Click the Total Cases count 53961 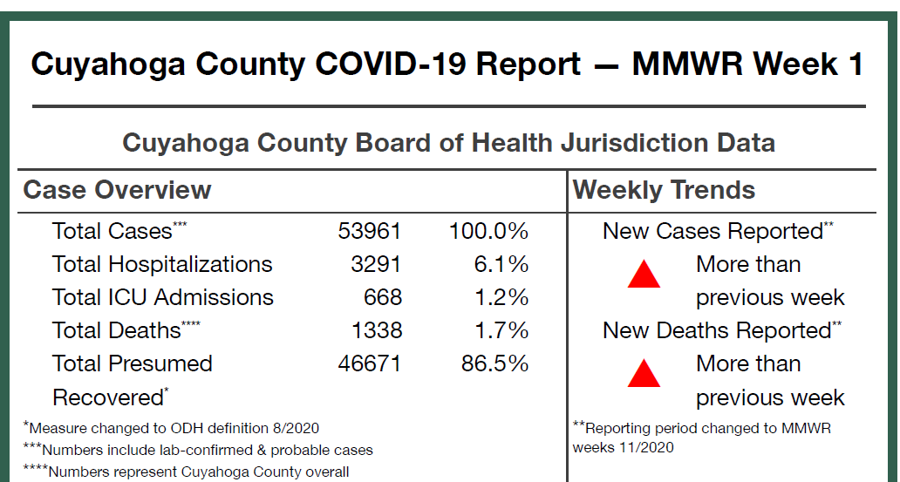pyautogui.click(x=370, y=231)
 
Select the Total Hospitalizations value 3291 pyautogui.click(x=376, y=264)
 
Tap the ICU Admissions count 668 pyautogui.click(x=383, y=297)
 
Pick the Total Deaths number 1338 pyautogui.click(x=376, y=330)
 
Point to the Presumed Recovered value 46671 pyautogui.click(x=370, y=363)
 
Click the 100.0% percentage pyautogui.click(x=488, y=231)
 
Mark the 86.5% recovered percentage pyautogui.click(x=494, y=363)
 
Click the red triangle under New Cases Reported pyautogui.click(x=644, y=275)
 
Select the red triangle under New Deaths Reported pyautogui.click(x=644, y=374)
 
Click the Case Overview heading pyautogui.click(x=117, y=190)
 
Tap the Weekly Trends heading pyautogui.click(x=664, y=190)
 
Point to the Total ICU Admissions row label pyautogui.click(x=163, y=297)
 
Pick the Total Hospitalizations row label pyautogui.click(x=162, y=264)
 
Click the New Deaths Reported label pyautogui.click(x=717, y=331)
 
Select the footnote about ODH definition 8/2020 pyautogui.click(x=172, y=428)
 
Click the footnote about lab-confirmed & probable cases pyautogui.click(x=198, y=451)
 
